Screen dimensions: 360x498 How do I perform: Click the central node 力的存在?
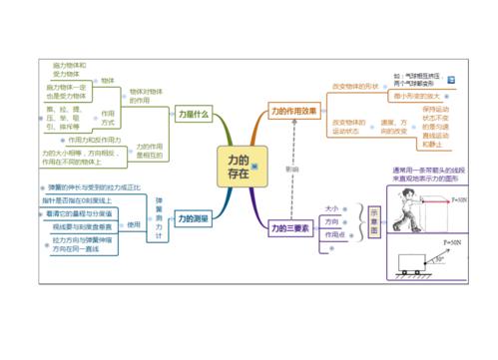point(238,166)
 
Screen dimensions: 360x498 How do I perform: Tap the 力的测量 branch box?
point(192,216)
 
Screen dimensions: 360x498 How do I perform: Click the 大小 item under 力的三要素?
point(331,208)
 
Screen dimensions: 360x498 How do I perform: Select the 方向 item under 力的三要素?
point(331,221)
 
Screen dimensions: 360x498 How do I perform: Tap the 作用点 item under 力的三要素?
point(334,234)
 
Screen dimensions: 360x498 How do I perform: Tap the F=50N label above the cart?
point(451,240)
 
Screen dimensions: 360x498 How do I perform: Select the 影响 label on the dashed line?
point(291,170)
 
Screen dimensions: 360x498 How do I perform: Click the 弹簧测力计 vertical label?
point(159,215)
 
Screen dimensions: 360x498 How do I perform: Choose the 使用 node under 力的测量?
point(134,226)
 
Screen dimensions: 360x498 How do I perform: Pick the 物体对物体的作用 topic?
point(146,95)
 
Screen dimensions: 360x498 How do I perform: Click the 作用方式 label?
point(108,119)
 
